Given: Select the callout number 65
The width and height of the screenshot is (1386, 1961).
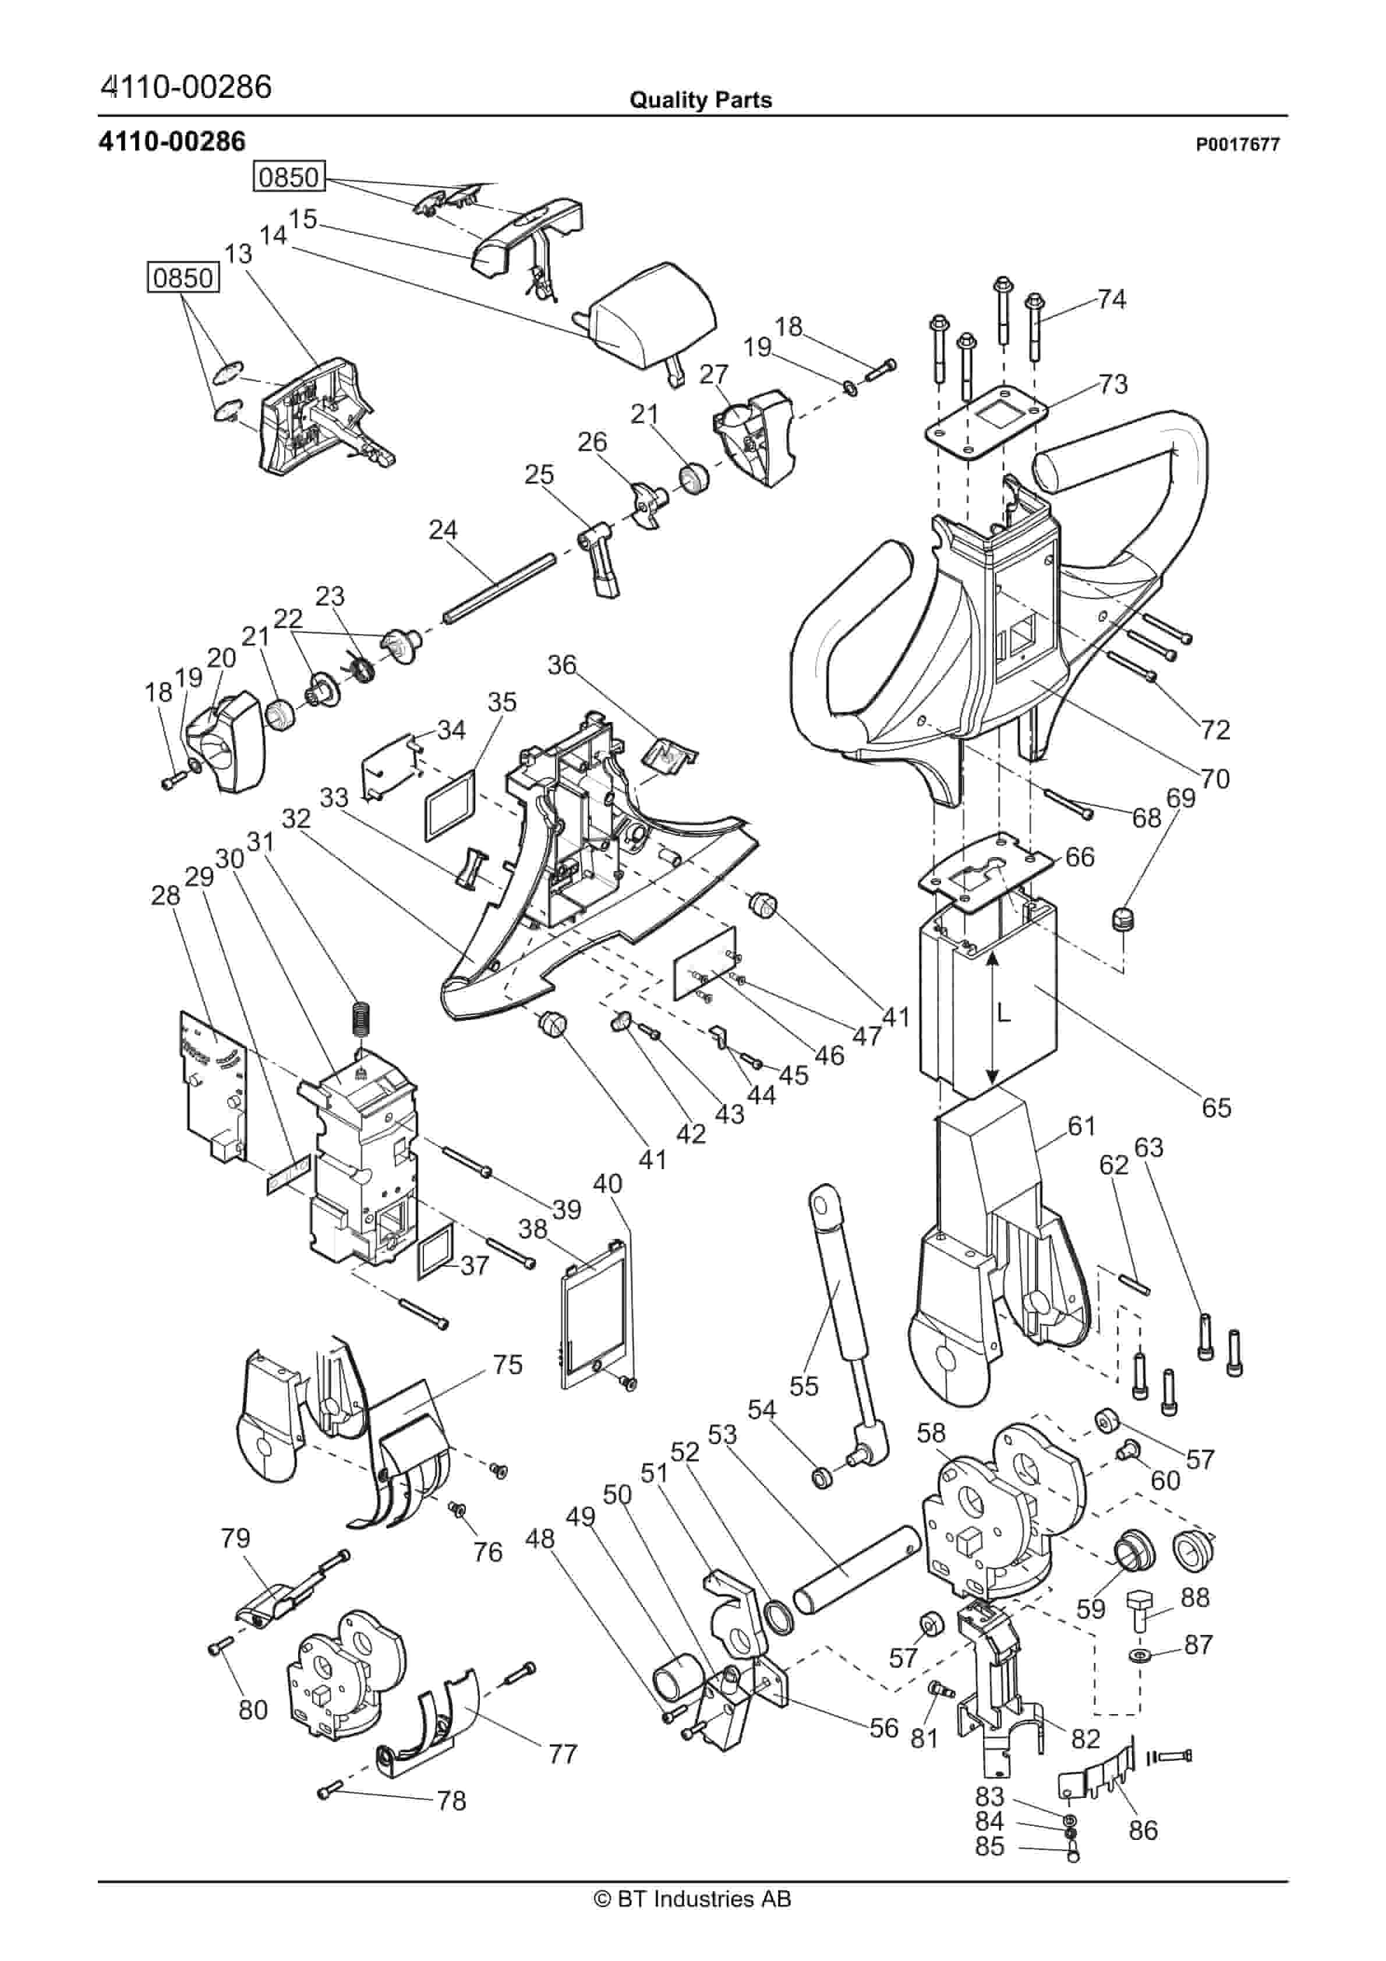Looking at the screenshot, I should click(1216, 1108).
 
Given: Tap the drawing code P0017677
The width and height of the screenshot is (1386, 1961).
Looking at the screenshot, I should click(1237, 145).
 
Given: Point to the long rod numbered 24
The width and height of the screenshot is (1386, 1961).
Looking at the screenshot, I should click(500, 589).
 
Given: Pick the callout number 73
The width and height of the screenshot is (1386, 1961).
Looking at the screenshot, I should click(1112, 384).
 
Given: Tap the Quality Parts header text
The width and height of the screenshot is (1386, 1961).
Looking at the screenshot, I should click(700, 101).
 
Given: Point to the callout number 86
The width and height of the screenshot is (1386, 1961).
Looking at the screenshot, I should click(1143, 1831).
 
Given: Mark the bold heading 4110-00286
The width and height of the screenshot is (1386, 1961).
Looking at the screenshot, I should click(172, 141).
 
